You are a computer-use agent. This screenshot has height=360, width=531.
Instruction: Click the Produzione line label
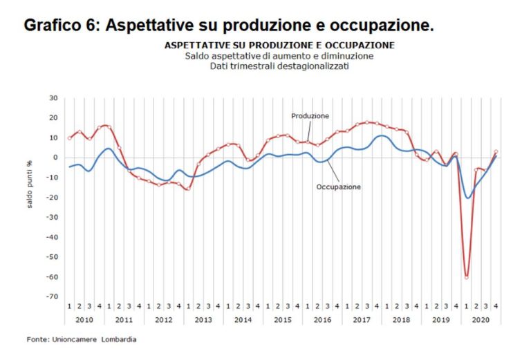(x=310, y=116)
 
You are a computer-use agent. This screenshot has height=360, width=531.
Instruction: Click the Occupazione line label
(x=338, y=187)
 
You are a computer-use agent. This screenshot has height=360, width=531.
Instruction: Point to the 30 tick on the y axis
(x=53, y=98)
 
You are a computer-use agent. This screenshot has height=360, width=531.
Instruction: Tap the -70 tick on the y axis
(x=52, y=297)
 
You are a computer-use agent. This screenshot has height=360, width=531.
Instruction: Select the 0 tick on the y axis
(x=55, y=158)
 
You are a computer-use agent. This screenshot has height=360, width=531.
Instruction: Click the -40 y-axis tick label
(x=52, y=237)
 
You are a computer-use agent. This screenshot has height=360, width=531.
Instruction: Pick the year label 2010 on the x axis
(x=84, y=321)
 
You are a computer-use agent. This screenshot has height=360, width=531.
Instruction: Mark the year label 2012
(x=164, y=321)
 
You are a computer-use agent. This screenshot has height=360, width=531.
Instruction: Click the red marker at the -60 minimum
(x=467, y=277)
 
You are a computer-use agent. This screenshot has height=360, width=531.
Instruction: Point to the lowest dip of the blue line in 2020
(x=469, y=198)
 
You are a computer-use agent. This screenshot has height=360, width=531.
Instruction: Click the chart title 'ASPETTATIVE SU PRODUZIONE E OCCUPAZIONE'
(x=280, y=45)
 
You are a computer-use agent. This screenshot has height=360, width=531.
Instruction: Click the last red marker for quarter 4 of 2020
(x=496, y=152)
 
